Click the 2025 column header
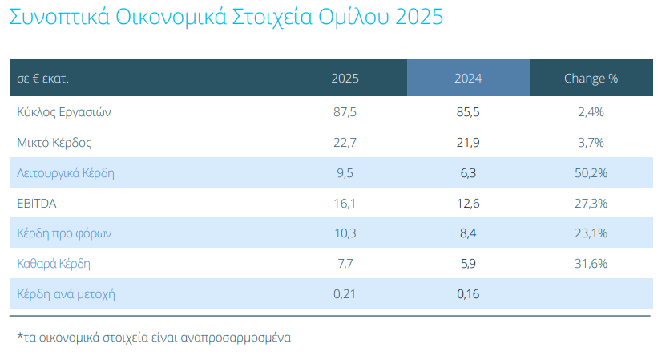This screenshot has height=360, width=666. tap(345, 79)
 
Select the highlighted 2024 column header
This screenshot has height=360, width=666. tap(468, 79)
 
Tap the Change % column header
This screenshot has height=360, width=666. tap(591, 79)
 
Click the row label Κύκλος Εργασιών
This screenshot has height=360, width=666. tap(63, 112)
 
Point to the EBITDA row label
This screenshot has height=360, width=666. tap(36, 204)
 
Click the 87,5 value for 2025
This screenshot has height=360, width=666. tap(345, 112)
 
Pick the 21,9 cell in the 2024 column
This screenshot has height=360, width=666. tap(468, 143)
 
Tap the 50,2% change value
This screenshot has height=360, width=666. tap(591, 173)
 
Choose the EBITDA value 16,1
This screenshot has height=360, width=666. tap(345, 204)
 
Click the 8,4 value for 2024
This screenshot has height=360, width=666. tap(468, 233)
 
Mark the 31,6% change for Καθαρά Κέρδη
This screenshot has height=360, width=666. tap(591, 263)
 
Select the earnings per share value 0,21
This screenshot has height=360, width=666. tap(345, 293)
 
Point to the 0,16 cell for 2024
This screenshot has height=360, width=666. tap(468, 293)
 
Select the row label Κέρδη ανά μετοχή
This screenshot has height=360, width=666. tap(67, 293)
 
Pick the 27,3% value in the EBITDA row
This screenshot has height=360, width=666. tap(591, 204)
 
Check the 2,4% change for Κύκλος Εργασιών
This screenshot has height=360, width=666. tap(591, 112)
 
